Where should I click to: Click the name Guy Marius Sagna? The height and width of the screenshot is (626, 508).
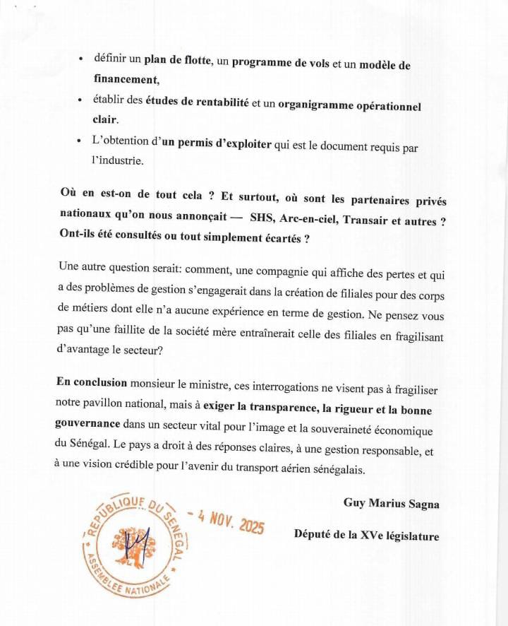click(391, 503)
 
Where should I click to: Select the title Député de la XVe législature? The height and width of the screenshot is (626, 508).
click(366, 536)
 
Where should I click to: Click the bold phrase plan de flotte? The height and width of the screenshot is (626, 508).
click(177, 61)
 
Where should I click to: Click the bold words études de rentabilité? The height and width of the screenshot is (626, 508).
click(197, 102)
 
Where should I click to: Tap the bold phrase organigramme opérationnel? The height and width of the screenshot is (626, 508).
click(349, 106)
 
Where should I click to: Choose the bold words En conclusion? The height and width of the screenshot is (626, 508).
click(92, 382)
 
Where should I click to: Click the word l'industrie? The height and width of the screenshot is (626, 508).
click(118, 161)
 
